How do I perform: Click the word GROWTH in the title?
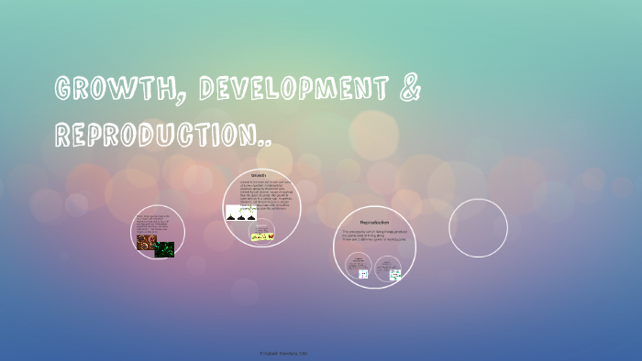pyautogui.click(x=107, y=90)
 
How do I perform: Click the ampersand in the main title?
pyautogui.click(x=409, y=90)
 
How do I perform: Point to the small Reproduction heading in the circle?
pyautogui.click(x=374, y=223)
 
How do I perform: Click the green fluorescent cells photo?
pyautogui.click(x=164, y=248)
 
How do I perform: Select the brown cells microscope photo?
pyautogui.click(x=147, y=243)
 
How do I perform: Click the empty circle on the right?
pyautogui.click(x=478, y=228)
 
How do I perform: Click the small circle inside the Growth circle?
pyautogui.click(x=263, y=235)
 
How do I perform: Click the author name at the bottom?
pyautogui.click(x=321, y=352)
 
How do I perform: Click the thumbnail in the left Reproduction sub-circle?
pyautogui.click(x=363, y=273)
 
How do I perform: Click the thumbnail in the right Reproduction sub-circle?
pyautogui.click(x=394, y=274)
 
